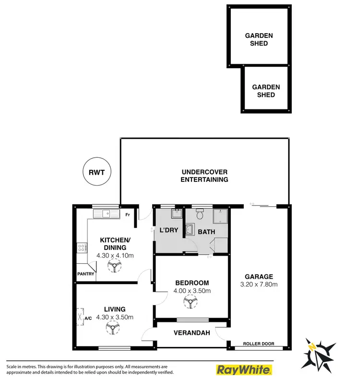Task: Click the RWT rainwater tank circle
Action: (x=96, y=171)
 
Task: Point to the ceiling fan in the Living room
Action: (x=114, y=328)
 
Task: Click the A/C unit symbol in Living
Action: (x=80, y=317)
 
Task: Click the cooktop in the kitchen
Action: (x=81, y=248)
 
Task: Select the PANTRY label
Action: (x=85, y=274)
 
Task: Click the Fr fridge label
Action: (x=128, y=215)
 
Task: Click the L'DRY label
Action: (x=168, y=230)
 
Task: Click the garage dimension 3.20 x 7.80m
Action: (x=259, y=284)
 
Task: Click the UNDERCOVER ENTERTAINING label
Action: (x=204, y=176)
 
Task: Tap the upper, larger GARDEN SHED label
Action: (x=259, y=39)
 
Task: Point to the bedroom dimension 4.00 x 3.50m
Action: (x=192, y=290)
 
